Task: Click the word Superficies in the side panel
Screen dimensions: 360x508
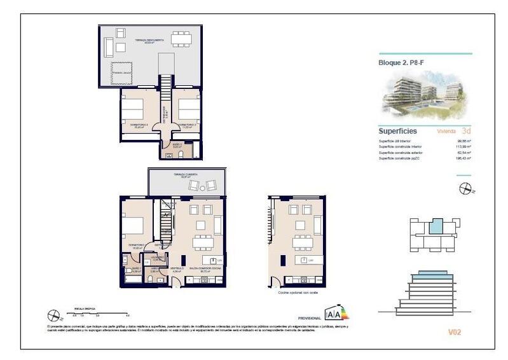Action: click(x=397, y=130)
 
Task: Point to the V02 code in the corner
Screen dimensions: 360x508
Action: click(x=454, y=331)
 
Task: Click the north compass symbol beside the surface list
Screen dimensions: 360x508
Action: click(x=465, y=188)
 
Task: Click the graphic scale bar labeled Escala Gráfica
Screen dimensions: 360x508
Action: click(x=101, y=314)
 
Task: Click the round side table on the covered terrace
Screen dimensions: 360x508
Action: click(x=203, y=186)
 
